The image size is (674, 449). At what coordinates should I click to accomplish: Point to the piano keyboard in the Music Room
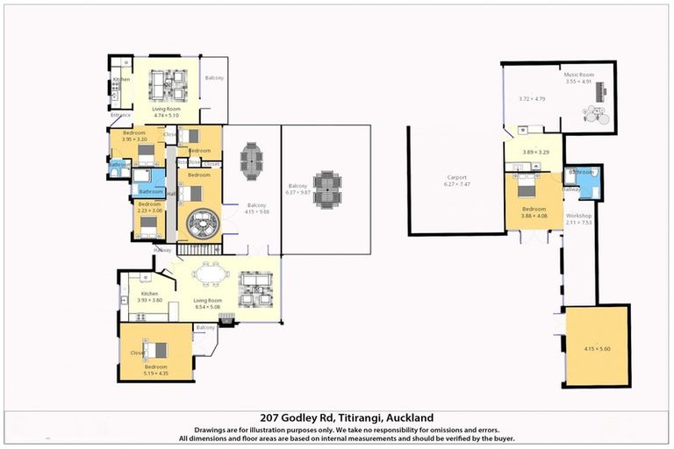point(602,91)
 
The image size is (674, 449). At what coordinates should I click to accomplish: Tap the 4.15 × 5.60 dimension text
point(597,348)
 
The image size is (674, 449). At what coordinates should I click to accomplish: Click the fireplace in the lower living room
point(226,321)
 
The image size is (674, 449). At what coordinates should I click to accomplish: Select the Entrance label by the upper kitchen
point(120,115)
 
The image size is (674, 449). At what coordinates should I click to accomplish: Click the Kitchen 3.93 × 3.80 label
point(150,296)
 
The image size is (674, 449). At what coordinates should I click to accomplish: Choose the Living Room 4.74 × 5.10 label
point(166,111)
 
